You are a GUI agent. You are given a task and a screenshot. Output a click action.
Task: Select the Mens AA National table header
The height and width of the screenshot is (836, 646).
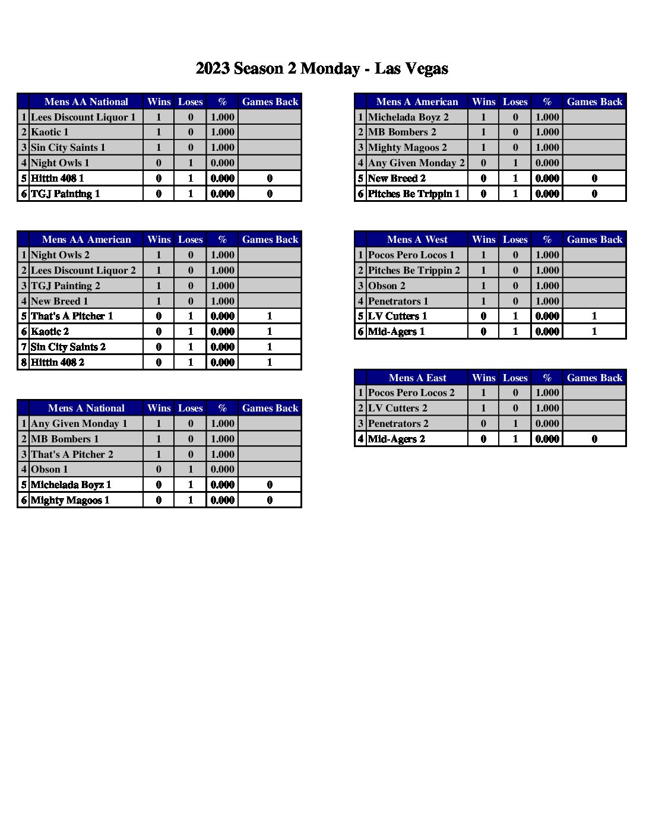click(86, 102)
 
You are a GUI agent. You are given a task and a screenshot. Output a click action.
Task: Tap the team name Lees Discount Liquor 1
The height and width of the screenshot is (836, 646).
click(83, 117)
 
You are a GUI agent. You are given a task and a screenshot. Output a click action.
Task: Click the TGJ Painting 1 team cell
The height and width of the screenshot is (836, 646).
click(65, 194)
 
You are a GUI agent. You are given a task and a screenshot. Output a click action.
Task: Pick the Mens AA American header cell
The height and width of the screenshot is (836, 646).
click(86, 239)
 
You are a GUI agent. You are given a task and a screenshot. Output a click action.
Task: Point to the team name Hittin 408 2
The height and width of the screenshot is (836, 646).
click(58, 362)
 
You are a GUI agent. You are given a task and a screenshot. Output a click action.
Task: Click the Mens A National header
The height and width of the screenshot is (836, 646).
click(86, 408)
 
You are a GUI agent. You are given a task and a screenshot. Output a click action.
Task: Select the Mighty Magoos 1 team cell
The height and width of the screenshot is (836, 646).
click(70, 500)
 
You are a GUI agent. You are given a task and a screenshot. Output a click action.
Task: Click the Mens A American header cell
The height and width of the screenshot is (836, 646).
click(417, 102)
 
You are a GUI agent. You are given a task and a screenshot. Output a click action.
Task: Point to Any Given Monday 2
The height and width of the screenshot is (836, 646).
click(416, 163)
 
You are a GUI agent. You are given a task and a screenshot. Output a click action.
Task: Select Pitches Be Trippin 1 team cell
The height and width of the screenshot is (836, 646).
click(414, 194)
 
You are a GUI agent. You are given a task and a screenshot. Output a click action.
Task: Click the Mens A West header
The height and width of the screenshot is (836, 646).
click(417, 239)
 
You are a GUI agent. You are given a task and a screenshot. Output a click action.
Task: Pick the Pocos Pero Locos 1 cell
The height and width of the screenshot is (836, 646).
click(411, 255)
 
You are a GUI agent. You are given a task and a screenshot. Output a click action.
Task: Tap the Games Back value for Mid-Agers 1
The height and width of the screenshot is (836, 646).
click(594, 331)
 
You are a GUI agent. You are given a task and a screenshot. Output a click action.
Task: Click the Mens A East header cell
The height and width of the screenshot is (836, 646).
click(417, 378)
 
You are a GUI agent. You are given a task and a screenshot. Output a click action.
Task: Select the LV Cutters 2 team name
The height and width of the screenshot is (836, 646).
click(397, 408)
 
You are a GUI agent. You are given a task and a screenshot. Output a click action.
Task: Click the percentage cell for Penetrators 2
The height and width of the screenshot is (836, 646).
click(547, 423)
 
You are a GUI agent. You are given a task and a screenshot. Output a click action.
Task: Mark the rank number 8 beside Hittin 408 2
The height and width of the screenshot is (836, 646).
click(24, 362)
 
